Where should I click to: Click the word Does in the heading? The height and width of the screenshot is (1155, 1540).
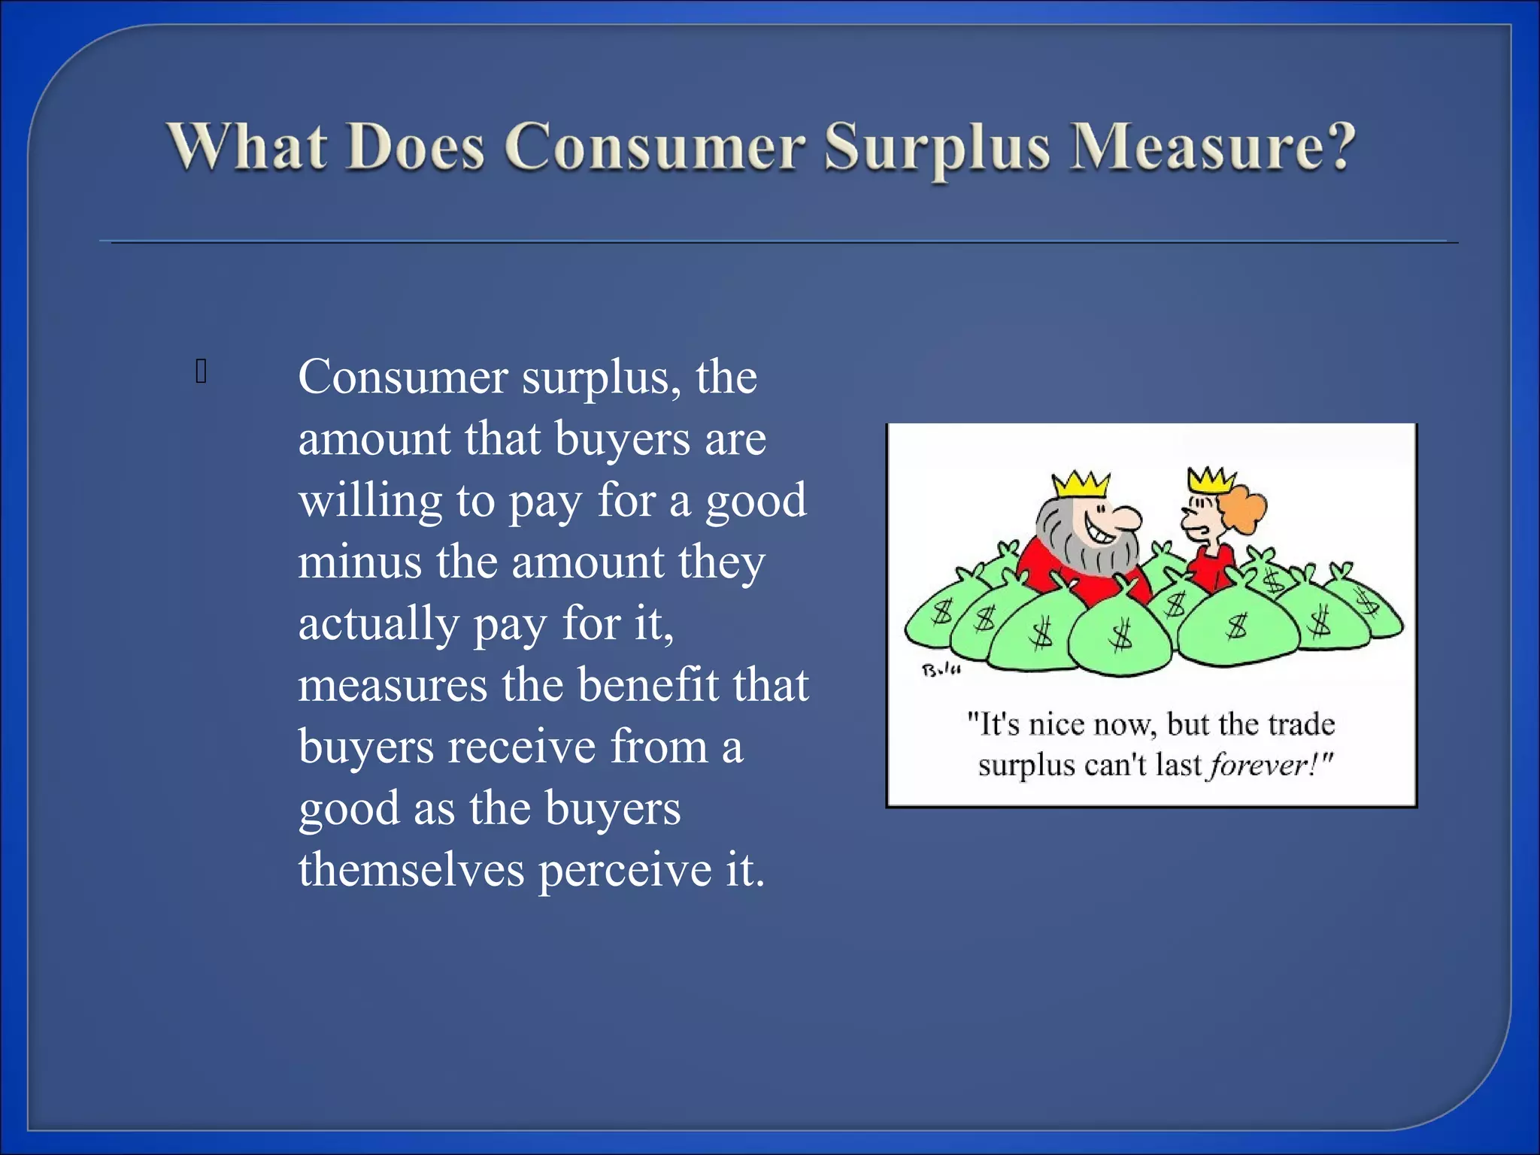[416, 147]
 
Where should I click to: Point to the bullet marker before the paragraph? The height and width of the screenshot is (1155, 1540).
[201, 371]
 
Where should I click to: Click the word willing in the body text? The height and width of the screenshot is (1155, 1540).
[370, 502]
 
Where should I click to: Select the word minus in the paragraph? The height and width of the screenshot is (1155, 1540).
[359, 562]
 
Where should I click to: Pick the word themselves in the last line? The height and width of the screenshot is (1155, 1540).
[411, 870]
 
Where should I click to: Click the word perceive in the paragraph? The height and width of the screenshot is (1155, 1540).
[624, 872]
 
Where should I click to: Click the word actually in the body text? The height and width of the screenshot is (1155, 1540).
[378, 625]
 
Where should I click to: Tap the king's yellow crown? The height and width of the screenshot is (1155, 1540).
[1081, 484]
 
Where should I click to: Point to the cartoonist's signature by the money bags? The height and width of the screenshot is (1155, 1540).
[941, 669]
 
